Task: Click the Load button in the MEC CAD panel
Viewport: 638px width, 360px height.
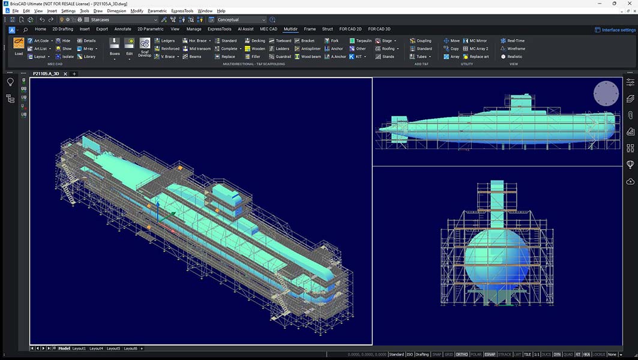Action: (19, 46)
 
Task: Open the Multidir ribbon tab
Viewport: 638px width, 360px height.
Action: (290, 29)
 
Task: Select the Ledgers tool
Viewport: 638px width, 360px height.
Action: (164, 41)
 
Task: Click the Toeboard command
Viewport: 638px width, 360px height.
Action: (280, 41)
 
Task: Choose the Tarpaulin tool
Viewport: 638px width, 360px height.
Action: (360, 41)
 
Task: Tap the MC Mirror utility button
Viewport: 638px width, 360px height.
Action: (474, 41)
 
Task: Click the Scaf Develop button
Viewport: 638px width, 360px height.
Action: (145, 47)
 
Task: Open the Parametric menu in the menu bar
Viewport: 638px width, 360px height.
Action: (157, 11)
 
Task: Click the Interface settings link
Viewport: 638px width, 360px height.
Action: (615, 30)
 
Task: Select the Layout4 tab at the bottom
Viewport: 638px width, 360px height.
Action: (97, 348)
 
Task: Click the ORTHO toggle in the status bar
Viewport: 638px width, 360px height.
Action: (462, 355)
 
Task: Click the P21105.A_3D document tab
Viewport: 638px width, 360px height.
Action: (47, 74)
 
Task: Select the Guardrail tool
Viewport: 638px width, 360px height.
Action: (280, 56)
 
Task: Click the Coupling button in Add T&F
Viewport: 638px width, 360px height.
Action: (421, 41)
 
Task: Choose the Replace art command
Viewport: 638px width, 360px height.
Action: (475, 56)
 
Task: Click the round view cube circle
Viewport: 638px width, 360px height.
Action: (606, 94)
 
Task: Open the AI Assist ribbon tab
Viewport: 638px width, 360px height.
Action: (245, 29)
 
